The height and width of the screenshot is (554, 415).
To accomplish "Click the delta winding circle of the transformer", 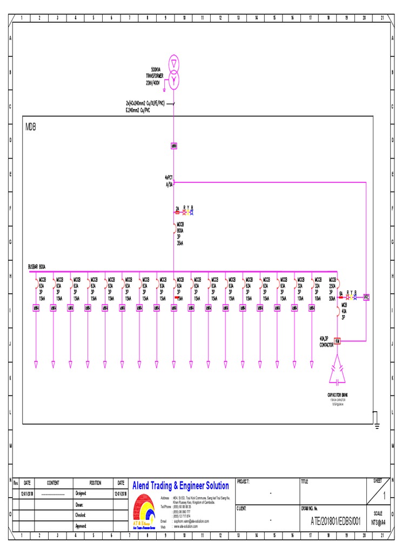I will point(173,63).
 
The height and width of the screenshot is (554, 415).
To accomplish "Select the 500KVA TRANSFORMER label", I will point(154,76).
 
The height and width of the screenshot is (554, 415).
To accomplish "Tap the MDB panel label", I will point(31,127).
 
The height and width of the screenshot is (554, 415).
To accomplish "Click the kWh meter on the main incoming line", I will point(174,146).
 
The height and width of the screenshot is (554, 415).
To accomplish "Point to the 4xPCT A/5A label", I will point(169,181).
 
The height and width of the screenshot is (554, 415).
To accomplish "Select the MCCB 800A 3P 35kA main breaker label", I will point(180,233).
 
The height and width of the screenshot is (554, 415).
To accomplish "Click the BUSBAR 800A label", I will point(37,266).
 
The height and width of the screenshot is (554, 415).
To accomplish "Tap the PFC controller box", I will point(366,297).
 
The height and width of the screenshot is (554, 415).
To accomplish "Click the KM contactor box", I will point(337,341).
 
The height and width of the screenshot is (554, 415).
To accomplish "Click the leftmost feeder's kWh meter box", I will point(36,308).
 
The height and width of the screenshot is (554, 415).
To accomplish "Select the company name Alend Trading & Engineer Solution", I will point(180,486).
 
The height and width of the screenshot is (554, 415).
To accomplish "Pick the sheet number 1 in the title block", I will point(384,496).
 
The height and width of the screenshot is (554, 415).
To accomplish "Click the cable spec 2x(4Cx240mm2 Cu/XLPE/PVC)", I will point(145,103).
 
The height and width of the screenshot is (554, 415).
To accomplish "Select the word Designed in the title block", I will point(81,493).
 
